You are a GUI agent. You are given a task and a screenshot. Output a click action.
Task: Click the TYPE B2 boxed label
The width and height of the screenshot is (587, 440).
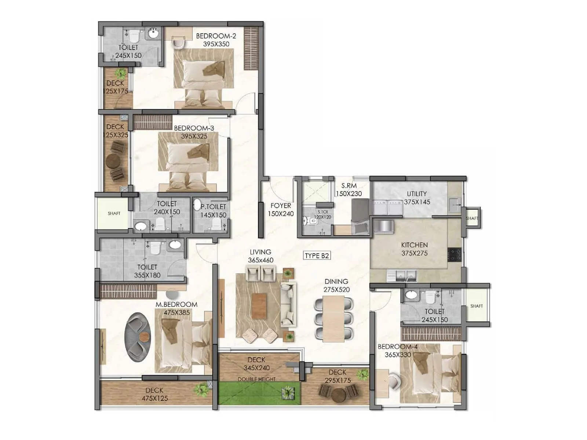[x=317, y=256]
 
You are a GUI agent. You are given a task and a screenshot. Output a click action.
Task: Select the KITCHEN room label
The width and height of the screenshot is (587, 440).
[x=414, y=245]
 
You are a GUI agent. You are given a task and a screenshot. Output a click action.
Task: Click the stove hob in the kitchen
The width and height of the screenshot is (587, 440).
[x=454, y=254]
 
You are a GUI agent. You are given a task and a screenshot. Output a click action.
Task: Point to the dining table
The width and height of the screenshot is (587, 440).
[x=333, y=318]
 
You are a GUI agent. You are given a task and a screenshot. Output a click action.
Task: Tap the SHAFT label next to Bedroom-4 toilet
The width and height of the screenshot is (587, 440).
[x=476, y=306]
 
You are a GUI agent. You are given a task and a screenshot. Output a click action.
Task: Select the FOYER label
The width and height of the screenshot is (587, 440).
[x=281, y=206]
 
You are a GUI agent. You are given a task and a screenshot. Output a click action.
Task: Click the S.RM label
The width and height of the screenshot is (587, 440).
[x=349, y=186]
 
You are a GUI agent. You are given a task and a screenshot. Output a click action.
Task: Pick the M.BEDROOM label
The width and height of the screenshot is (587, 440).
[x=176, y=305]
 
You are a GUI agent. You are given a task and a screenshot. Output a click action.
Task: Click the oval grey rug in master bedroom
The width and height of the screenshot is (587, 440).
[x=138, y=337]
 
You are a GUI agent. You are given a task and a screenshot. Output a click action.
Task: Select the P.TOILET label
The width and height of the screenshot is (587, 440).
[x=214, y=207]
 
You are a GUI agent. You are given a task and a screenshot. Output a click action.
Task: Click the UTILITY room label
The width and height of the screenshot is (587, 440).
[x=417, y=194]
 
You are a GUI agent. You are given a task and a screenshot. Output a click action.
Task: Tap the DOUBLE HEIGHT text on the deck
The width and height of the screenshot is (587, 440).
[x=256, y=379]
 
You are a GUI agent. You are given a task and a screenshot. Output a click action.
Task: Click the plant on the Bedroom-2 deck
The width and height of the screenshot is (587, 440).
[x=121, y=73]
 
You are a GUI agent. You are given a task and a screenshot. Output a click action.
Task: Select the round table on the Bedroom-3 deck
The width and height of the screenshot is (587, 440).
[x=113, y=160]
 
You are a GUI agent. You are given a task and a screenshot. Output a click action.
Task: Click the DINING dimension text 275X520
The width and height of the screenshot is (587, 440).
[x=336, y=290]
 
